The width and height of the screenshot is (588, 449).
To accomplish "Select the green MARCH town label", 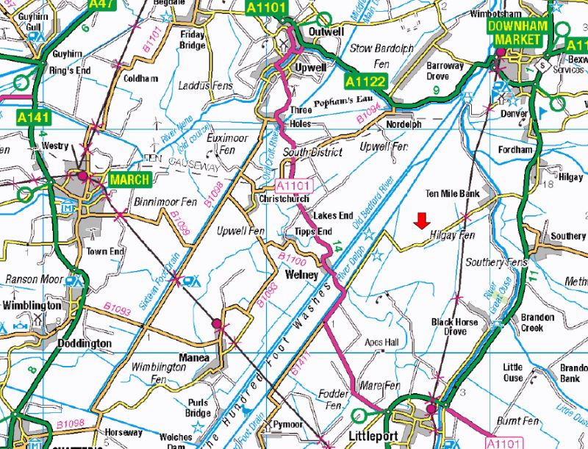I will pos(130,179).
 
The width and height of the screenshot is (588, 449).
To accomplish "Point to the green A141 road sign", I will pos(32,117).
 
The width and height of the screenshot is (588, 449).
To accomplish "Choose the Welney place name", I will pos(302,275).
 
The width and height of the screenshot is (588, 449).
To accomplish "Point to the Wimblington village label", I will pos(32,305).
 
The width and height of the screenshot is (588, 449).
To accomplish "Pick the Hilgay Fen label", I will pos(451,235).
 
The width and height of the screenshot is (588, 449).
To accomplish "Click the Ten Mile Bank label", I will pos(452,194).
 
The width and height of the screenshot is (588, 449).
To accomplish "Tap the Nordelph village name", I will pos(404,125).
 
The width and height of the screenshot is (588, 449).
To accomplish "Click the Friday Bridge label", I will pos(192,40).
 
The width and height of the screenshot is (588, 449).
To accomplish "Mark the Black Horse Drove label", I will pos(454,326).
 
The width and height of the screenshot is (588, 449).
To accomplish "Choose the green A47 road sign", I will pos(103,4).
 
